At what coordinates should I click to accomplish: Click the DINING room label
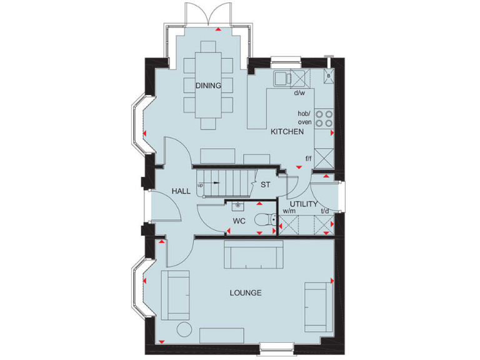point(208,86)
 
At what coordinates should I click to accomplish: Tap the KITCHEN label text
point(287,132)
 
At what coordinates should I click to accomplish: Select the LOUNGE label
point(245,292)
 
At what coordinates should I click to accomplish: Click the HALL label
point(181,191)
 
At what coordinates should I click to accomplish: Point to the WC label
point(240,221)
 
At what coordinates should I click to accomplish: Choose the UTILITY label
point(304,204)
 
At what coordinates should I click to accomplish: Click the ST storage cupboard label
point(265,184)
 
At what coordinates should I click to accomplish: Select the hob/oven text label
point(304,117)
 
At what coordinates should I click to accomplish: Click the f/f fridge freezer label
point(308,159)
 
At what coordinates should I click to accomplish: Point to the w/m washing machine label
point(289,211)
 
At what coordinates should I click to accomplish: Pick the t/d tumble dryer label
point(324,211)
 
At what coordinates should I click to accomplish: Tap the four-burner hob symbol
point(324,118)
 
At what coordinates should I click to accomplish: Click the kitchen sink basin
point(282,77)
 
